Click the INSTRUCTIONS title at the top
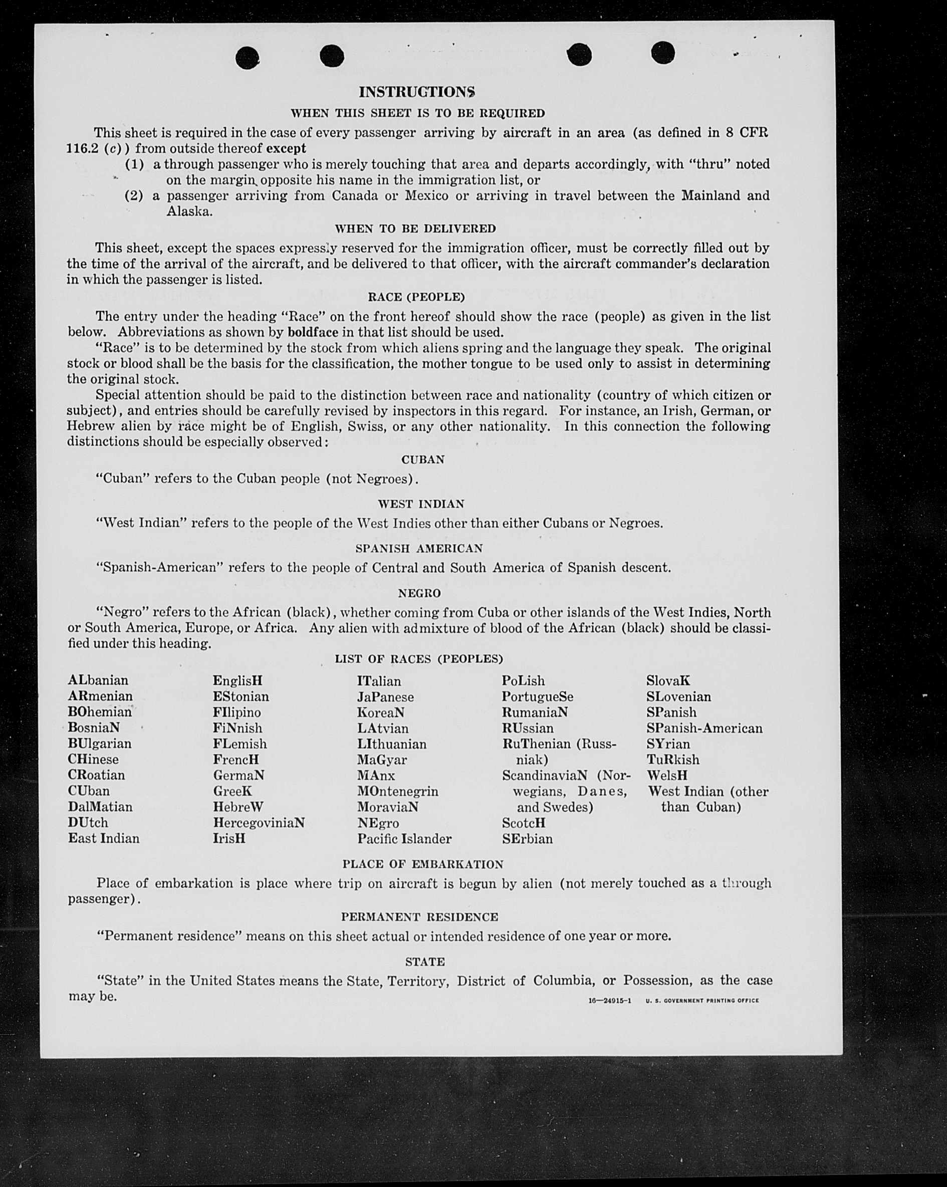point(417,91)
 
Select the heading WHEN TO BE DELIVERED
point(415,228)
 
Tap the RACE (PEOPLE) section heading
point(416,297)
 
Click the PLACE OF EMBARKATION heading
point(423,864)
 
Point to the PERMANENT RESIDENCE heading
point(419,916)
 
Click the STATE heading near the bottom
point(425,962)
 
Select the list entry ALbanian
point(98,680)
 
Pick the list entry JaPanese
point(385,697)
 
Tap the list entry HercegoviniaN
point(259,823)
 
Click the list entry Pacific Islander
point(404,839)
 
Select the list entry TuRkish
point(673,760)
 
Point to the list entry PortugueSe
point(537,697)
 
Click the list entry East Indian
point(104,838)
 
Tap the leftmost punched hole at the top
point(247,57)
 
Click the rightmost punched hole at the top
point(663,53)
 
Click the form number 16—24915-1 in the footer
point(609,1001)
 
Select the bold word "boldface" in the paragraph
point(313,333)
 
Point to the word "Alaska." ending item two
point(189,212)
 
